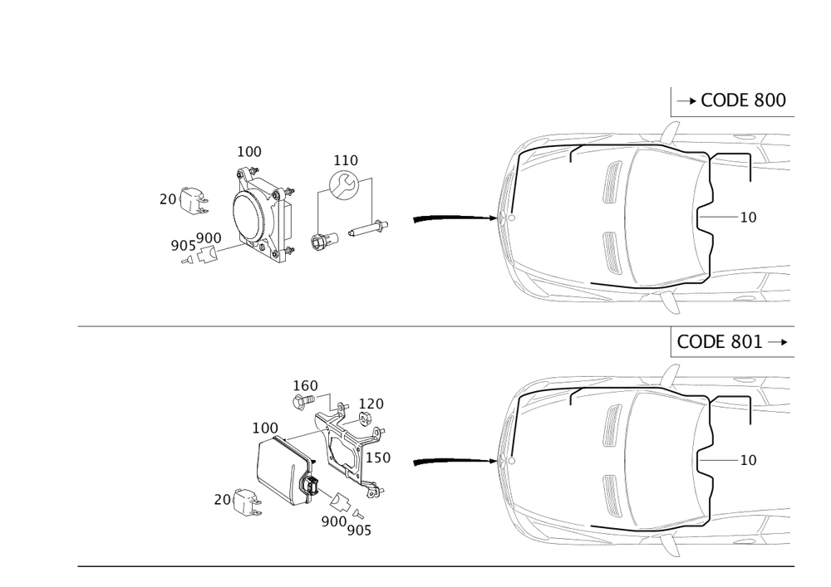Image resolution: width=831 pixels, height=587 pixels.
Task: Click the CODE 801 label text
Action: click(720, 342)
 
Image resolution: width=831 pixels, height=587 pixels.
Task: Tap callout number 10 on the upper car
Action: click(750, 217)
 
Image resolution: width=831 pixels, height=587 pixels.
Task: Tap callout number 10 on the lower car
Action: click(750, 459)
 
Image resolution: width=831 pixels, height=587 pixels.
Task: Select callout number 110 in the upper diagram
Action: click(345, 158)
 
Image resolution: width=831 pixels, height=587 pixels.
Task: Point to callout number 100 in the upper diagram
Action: click(249, 152)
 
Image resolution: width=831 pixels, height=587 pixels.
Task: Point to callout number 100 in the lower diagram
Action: click(266, 427)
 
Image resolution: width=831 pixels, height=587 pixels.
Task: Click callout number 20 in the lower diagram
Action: click(221, 499)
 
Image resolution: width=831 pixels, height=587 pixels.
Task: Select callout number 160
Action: click(306, 385)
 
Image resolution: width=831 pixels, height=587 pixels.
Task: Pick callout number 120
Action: click(371, 403)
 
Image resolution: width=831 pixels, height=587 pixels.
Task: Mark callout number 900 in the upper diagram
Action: click(209, 238)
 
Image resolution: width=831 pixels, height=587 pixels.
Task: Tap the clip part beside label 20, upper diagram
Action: click(194, 202)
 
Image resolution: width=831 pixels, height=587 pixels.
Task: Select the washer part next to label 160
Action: click(301, 404)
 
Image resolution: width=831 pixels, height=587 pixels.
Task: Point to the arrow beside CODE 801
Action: click(777, 342)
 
